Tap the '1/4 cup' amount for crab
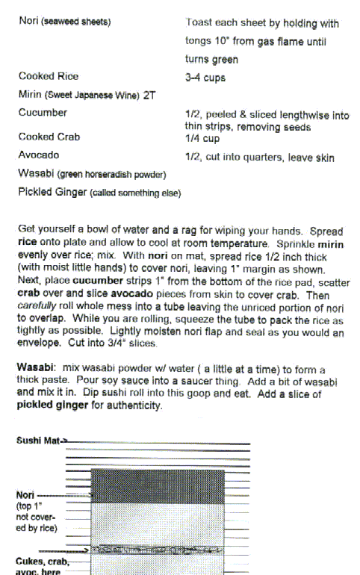(201, 138)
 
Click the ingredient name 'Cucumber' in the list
(43, 113)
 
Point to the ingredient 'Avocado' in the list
(39, 155)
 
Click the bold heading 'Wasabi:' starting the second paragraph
(34, 369)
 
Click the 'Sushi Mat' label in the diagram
(38, 441)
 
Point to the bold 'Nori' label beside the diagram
(25, 494)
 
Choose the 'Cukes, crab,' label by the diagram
(42, 561)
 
